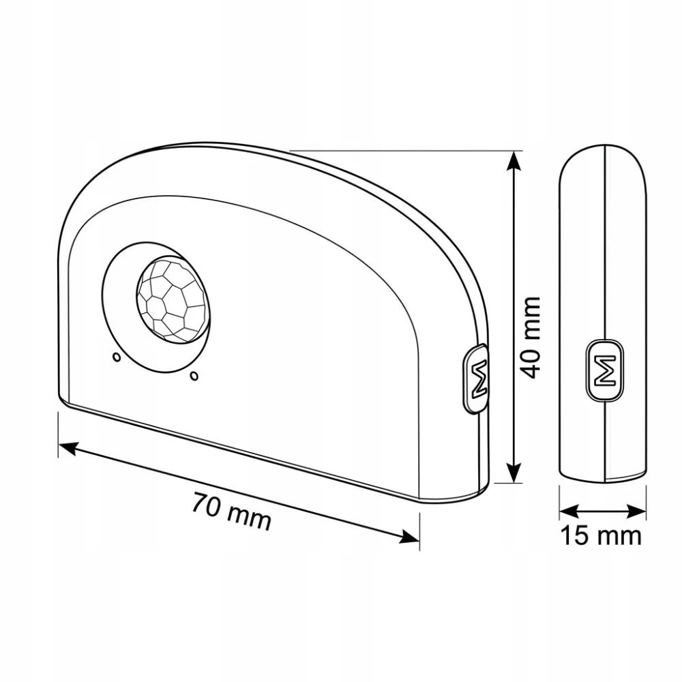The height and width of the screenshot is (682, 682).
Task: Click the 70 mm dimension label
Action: point(231,511)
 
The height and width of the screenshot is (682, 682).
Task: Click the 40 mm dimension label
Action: point(531,338)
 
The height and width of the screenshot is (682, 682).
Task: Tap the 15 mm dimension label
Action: point(601,535)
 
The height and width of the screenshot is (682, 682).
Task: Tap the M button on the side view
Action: point(604,369)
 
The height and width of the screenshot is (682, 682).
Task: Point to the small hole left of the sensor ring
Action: point(116,357)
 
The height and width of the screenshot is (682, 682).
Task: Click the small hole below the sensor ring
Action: point(194,375)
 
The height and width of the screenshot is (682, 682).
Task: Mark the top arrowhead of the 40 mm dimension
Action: point(514,161)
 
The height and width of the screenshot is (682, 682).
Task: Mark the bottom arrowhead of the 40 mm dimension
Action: point(514,473)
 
